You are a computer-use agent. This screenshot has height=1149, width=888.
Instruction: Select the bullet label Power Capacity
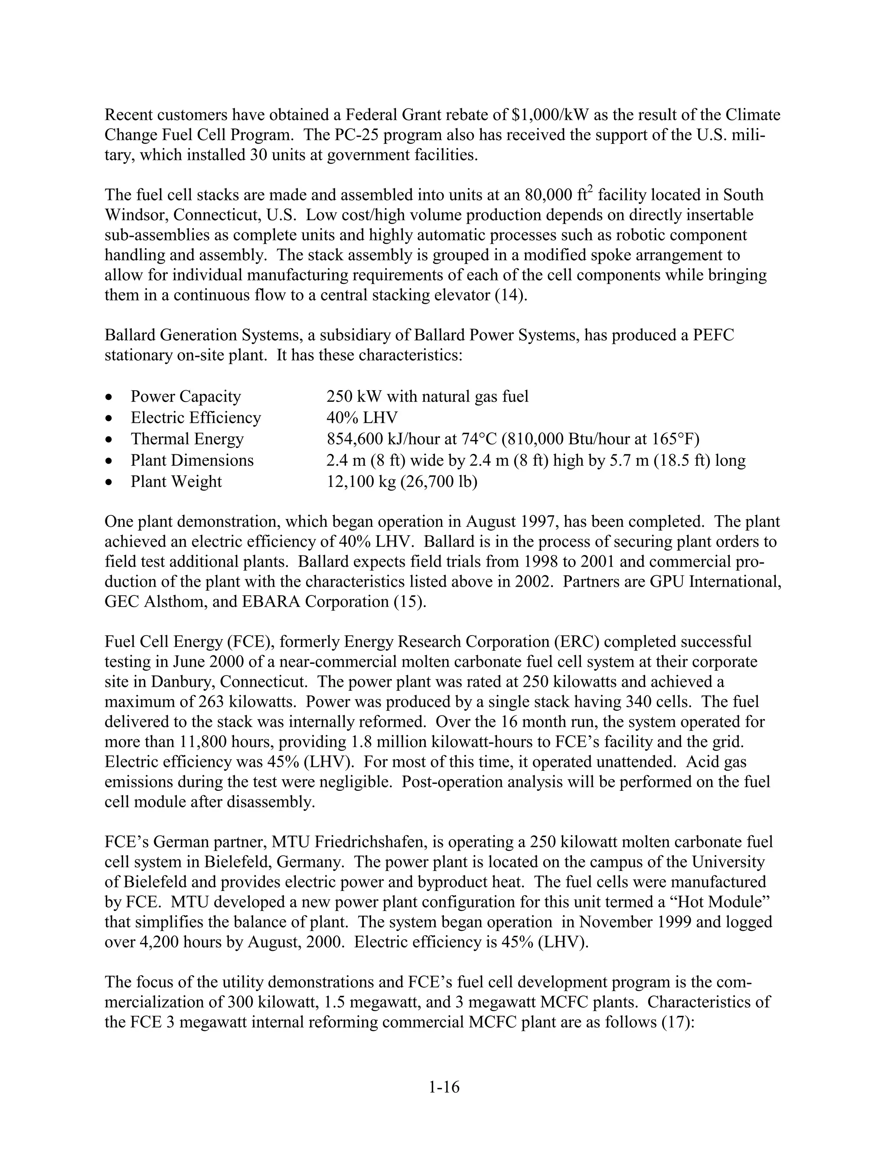point(186,396)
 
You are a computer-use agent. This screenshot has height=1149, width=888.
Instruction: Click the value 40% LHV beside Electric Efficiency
point(362,418)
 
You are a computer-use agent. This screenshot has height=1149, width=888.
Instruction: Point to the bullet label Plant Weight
point(176,481)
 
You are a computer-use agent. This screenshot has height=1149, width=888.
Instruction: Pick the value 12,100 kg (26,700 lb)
point(402,481)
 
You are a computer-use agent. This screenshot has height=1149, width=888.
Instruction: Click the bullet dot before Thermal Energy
point(109,439)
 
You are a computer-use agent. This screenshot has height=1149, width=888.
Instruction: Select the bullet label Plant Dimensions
point(192,460)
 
